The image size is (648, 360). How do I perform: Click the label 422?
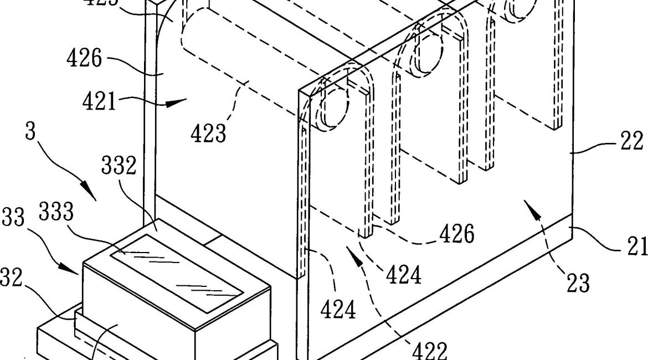pos(430,350)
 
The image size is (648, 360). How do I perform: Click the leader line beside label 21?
pos(595,235)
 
